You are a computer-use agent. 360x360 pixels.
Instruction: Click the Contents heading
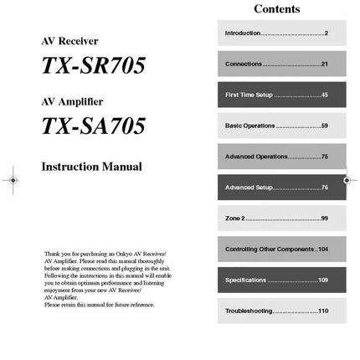coord(276,9)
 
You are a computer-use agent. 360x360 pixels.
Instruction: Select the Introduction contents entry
coord(276,33)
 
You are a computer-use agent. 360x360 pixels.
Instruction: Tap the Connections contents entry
coord(276,64)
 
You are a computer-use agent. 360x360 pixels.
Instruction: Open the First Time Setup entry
coord(276,95)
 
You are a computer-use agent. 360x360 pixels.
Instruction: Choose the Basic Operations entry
coord(276,126)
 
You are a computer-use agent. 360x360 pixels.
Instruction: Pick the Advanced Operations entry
coord(276,157)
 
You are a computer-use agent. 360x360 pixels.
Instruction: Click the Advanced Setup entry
coord(276,187)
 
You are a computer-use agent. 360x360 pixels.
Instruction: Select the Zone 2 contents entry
coord(276,219)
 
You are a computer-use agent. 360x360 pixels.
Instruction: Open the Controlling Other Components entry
coord(276,249)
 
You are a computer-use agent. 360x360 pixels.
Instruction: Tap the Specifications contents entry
coord(276,280)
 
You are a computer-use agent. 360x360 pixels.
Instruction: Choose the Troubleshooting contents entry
coord(276,311)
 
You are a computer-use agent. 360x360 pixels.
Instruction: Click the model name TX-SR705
coord(93,66)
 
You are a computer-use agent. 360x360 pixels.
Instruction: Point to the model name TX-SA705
coord(93,126)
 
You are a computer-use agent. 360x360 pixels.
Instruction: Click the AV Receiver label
coord(69,41)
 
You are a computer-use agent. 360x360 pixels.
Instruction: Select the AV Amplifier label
coord(72,102)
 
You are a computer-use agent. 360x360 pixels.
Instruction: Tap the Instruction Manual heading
coord(91,167)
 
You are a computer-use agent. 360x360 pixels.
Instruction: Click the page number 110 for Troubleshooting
coord(323,311)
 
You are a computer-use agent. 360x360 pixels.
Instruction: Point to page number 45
coord(324,95)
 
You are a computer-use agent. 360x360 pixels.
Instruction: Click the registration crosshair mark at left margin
coord(11,180)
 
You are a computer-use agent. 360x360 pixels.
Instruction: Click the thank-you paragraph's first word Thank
coord(52,253)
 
